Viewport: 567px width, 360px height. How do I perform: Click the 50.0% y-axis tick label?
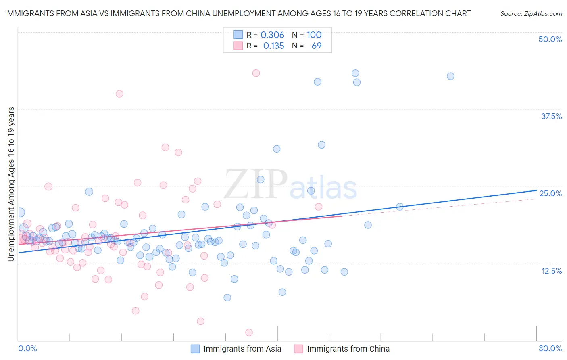pos(550,39)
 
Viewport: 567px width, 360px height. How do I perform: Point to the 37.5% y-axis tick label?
pos(551,116)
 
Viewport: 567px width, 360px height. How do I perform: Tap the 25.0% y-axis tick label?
pos(550,193)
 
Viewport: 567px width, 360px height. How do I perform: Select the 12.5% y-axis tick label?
pos(551,271)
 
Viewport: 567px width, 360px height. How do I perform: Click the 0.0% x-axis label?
pos(27,348)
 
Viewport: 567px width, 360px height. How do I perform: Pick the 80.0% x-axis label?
pos(550,348)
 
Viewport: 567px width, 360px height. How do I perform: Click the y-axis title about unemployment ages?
pos(11,184)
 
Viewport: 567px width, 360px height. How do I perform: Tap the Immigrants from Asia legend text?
pos(242,349)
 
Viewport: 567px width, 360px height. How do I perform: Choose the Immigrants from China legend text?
pos(348,349)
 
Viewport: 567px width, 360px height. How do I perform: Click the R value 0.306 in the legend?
pos(272,35)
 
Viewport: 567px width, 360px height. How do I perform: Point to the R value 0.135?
pos(273,46)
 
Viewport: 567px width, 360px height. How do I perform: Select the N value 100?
pos(314,35)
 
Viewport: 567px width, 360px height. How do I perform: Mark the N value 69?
pos(317,46)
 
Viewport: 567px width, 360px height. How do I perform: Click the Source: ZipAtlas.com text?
pos(531,13)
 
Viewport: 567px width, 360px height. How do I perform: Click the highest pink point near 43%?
pos(256,73)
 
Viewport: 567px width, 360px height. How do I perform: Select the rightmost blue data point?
pos(450,76)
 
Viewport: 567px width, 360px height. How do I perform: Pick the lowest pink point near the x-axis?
pos(249,332)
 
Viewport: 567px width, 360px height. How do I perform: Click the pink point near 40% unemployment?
pos(119,94)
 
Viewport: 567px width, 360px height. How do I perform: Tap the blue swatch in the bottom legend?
pos(195,349)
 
